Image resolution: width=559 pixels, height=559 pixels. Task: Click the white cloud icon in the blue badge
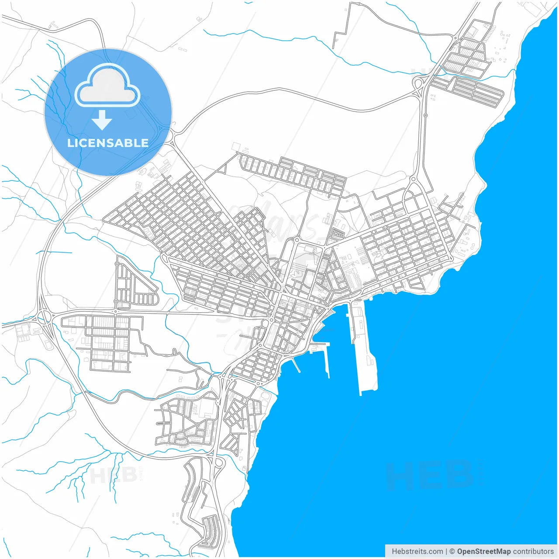pos(107,85)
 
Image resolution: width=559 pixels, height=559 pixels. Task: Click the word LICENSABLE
pos(108,143)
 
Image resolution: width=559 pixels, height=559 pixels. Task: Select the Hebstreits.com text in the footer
pos(417,552)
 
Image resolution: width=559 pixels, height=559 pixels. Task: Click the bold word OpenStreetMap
pos(483,552)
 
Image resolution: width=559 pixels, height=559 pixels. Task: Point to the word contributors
pos(533,552)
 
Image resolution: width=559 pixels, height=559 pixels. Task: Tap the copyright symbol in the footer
pos(452,552)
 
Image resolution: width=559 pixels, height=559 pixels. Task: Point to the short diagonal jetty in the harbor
pos(296,365)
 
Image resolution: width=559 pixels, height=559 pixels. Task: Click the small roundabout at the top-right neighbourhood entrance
pos(455,38)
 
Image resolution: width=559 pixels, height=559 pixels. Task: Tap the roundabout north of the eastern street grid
pos(413,179)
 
